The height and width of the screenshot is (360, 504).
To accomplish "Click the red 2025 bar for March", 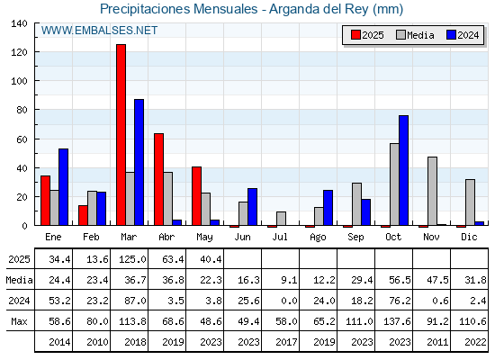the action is (x=121, y=135).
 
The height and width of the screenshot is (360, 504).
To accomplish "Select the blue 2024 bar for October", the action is (x=404, y=170).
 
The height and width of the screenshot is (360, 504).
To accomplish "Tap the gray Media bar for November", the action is (x=432, y=191).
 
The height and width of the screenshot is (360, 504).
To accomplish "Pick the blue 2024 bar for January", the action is (x=63, y=187).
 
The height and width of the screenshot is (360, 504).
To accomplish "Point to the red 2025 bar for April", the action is (x=158, y=179).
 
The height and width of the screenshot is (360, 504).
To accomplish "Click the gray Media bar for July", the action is (x=281, y=219).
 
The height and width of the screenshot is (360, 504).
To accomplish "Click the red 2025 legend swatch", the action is (x=355, y=35).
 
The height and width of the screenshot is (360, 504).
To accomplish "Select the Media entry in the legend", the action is (x=415, y=35).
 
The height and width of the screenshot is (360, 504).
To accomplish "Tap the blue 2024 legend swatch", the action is (x=451, y=35).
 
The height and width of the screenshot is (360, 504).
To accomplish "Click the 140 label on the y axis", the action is (x=19, y=23).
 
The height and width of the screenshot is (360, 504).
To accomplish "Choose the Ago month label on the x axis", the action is (x=318, y=238).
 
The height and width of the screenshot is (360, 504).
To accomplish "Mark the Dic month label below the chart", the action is (x=469, y=237).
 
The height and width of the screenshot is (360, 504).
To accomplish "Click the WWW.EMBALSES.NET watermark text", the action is (x=99, y=31).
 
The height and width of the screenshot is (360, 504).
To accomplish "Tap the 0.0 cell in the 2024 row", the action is (x=289, y=301).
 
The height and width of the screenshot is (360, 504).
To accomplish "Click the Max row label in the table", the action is (x=19, y=321).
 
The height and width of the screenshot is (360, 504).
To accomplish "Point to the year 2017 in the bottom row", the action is (x=286, y=342).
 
